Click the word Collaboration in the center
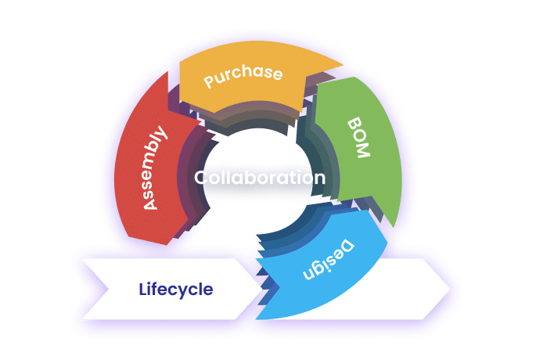pos(260,178)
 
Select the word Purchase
pos(243,75)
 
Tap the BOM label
pos(357,139)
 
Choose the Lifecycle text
pos(175,289)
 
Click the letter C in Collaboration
pos(201,178)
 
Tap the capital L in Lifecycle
pos(142,289)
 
